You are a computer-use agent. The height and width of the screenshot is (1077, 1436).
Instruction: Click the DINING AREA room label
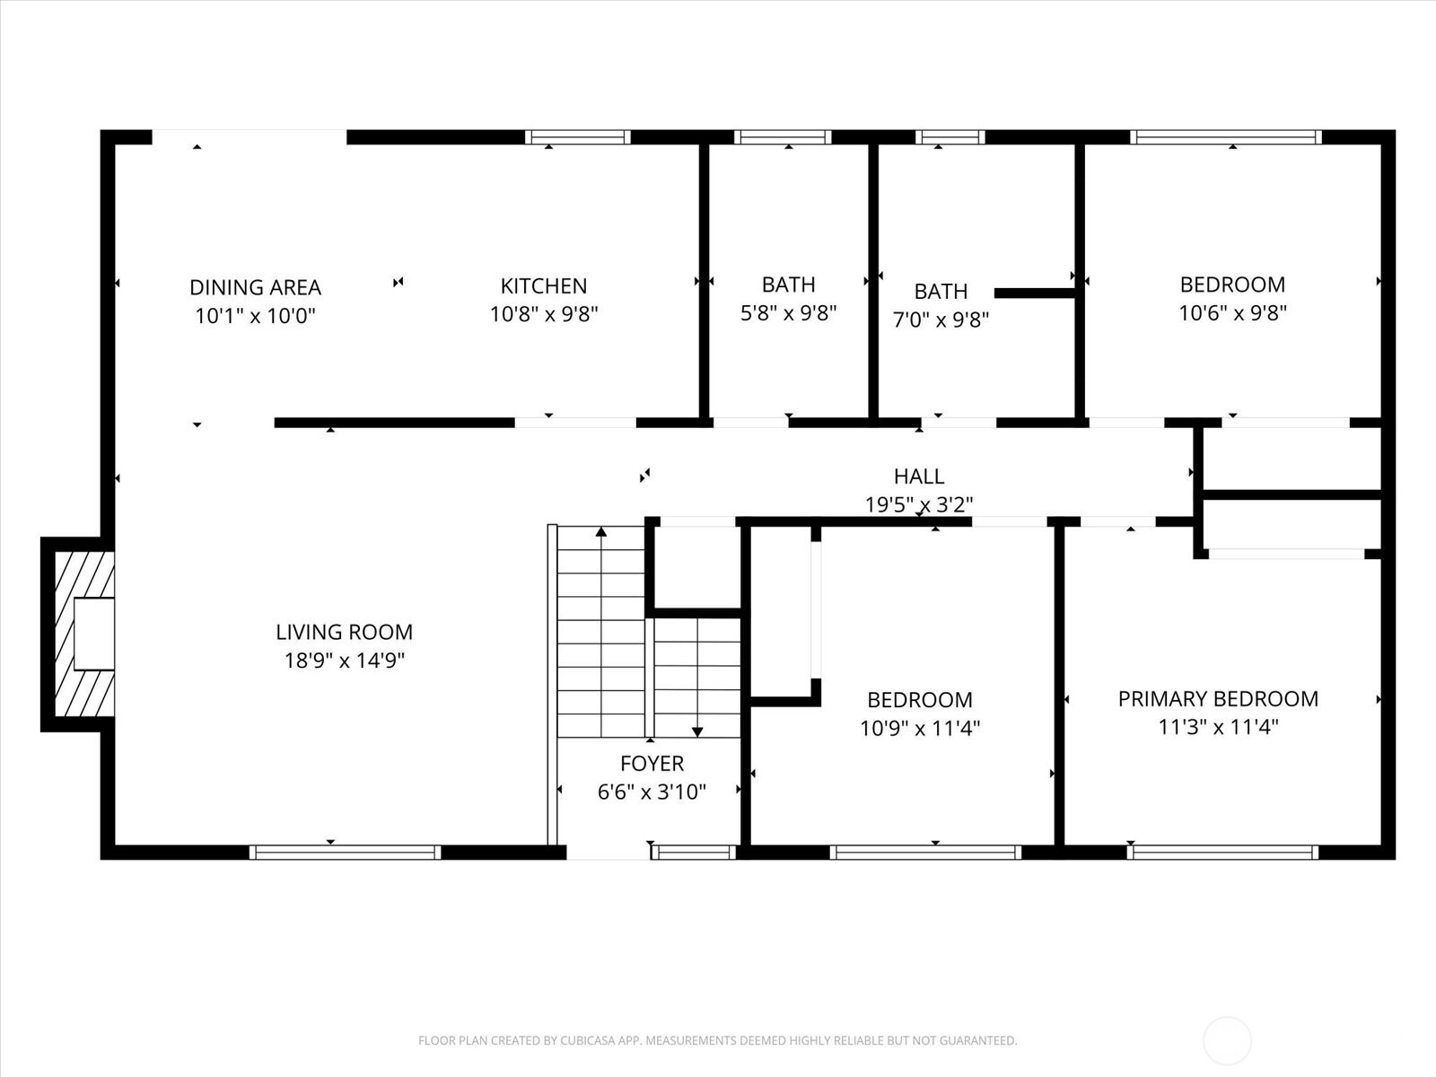255,287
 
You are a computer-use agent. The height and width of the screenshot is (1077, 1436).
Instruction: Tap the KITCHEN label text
544,285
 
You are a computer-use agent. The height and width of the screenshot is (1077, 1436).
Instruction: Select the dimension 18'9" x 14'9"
344,661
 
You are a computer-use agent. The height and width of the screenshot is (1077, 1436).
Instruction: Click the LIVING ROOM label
344,632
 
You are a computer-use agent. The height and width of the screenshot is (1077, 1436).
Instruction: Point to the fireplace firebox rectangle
94,634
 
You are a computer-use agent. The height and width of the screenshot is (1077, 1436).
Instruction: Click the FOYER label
652,763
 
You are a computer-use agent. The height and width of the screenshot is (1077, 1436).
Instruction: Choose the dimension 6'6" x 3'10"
652,792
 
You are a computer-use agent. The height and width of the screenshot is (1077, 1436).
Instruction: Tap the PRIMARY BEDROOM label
1218,698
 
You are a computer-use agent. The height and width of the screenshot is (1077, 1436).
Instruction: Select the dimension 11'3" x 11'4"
1218,726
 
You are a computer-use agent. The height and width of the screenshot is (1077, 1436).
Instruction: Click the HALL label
918,476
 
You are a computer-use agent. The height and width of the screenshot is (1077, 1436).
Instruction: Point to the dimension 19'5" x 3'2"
918,504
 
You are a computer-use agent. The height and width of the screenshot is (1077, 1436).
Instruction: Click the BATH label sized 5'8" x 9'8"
788,285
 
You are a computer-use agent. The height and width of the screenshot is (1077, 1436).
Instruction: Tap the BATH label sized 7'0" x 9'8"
941,291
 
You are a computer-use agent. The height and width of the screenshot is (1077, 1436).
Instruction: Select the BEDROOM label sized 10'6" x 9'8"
1232,285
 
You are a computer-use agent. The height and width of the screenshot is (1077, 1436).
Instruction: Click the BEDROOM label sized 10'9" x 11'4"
920,700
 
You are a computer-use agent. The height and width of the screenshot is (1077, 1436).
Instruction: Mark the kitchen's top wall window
578,137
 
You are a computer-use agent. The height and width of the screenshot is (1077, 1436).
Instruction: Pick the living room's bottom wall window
345,852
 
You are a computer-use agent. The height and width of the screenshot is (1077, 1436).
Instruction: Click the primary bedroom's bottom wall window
1222,852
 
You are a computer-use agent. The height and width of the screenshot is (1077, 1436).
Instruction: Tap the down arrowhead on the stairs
697,731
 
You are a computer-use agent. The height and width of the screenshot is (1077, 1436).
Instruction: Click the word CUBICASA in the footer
587,1040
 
